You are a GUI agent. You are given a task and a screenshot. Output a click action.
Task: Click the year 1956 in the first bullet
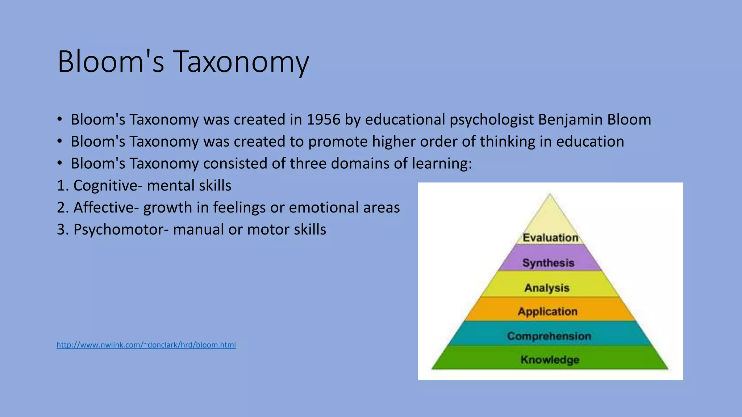point(323,120)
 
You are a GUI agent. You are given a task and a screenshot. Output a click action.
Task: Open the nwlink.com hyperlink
point(146,345)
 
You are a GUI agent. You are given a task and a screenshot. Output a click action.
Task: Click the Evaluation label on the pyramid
point(550,238)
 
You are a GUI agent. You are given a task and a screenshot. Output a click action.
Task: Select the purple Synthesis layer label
point(548,263)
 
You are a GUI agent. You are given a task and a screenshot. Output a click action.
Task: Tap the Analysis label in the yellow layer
point(547,288)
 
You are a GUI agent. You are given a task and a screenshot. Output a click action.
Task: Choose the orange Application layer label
point(547,311)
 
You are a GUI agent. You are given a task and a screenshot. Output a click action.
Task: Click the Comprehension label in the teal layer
point(549,336)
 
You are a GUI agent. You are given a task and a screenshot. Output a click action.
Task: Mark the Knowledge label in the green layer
point(550,360)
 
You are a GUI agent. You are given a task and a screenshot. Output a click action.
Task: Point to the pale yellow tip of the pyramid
point(550,214)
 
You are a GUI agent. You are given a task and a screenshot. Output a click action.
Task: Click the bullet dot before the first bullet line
point(60,119)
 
